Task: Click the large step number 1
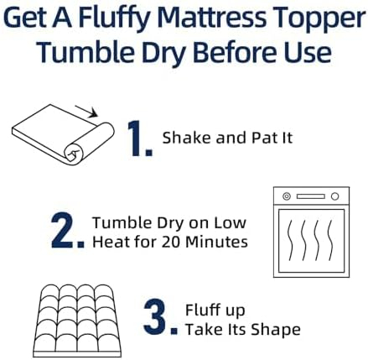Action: click(x=140, y=138)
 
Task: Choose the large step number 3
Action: click(x=160, y=317)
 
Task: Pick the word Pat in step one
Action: click(x=262, y=138)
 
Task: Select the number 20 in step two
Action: click(x=171, y=242)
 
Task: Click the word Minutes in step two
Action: click(x=216, y=242)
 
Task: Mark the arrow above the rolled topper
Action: click(x=86, y=112)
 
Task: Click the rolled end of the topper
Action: click(x=74, y=154)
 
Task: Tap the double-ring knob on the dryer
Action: click(x=287, y=196)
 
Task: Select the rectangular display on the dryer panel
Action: click(x=311, y=196)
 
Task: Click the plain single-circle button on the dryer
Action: click(x=334, y=196)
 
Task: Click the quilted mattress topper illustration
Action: click(x=77, y=321)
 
